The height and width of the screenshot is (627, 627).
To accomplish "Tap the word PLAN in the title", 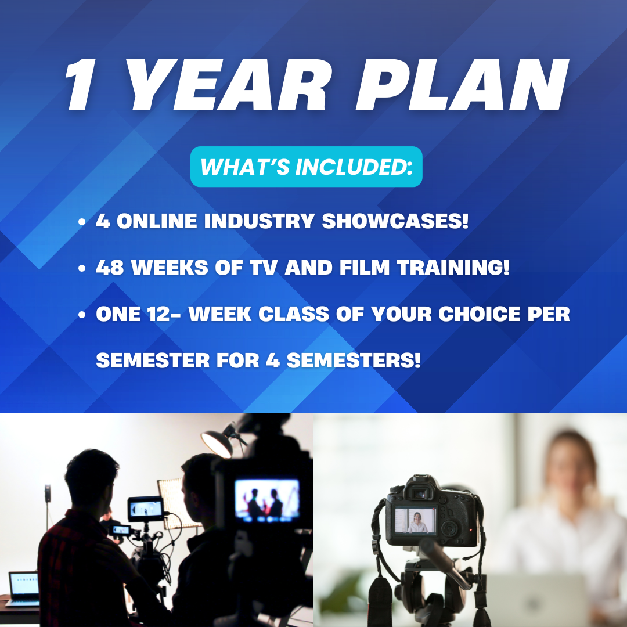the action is tap(462, 84).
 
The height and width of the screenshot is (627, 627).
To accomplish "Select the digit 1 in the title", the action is tap(81, 84).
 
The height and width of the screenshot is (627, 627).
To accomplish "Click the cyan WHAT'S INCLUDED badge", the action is tap(307, 167).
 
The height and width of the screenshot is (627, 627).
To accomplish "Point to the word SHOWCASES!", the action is tap(395, 221).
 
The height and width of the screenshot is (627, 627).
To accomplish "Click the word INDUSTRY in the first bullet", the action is tap(259, 221).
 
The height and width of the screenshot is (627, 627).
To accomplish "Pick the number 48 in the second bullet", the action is tap(110, 267).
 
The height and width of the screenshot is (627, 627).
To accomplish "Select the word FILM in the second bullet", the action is tap(365, 267).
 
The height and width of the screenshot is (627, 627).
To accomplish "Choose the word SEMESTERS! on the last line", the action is tap(354, 361).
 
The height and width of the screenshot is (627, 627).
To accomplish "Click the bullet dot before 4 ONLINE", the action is tap(82, 222).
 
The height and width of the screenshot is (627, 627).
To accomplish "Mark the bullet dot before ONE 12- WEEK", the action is tap(82, 315).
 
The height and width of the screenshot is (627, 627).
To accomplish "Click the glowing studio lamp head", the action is tap(217, 444).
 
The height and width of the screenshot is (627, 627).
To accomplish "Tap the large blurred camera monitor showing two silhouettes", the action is tap(267, 500).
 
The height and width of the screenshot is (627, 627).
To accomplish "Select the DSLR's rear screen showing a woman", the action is tap(416, 521).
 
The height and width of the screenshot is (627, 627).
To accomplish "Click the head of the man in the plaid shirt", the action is tap(92, 478).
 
